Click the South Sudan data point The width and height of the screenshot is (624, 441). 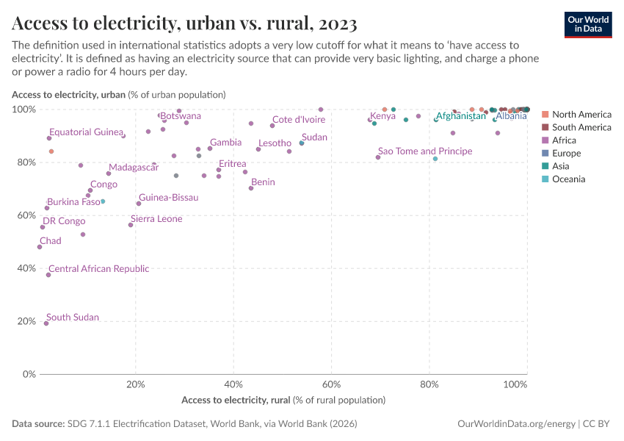click(46, 323)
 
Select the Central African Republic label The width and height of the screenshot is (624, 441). click(98, 269)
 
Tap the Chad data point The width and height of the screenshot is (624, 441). click(40, 247)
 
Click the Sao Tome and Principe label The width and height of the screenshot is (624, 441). click(425, 151)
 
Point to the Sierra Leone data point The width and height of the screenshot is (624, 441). click(131, 225)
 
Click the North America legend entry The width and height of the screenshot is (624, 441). click(581, 115)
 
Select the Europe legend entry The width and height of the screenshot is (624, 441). click(566, 154)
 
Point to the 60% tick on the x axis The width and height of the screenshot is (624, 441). click(332, 384)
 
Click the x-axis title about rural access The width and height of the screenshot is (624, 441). click(283, 401)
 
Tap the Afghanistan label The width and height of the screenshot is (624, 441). click(460, 116)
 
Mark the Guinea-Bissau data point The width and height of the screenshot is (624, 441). click(138, 204)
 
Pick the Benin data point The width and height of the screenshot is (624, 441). click(251, 188)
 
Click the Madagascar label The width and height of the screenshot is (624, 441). click(134, 168)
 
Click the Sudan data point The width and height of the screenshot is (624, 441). click(302, 143)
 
